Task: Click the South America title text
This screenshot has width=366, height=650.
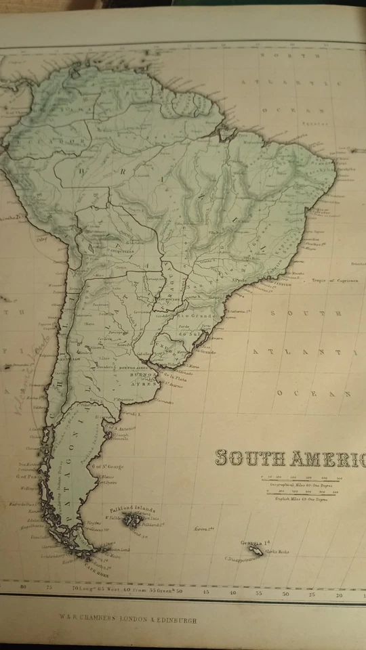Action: [290, 459]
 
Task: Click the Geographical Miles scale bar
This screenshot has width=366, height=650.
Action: [302, 479]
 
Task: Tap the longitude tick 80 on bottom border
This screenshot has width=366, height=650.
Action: [25, 588]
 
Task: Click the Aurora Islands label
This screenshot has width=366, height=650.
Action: [204, 528]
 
